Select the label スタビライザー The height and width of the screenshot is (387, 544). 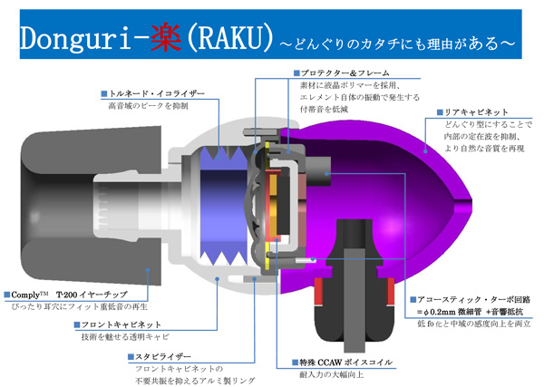pyautogui.click(x=160, y=357)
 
